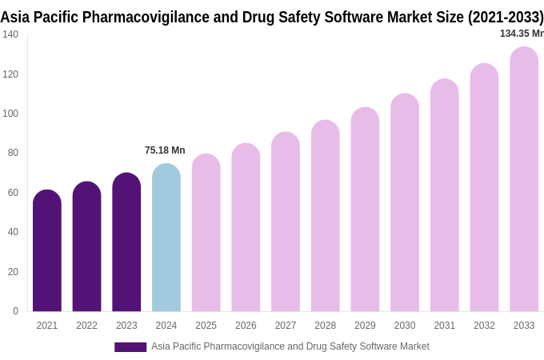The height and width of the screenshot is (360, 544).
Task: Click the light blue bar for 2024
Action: coord(166,238)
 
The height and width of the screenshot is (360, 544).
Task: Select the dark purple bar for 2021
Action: coord(47,251)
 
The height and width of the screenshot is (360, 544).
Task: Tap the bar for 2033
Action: coord(524,180)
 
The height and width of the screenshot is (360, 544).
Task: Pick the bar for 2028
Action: coord(326,216)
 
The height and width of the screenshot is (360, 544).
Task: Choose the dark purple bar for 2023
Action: coord(126,242)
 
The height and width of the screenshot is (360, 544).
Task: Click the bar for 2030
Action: coord(405,203)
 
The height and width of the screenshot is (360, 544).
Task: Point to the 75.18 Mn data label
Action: coord(165,150)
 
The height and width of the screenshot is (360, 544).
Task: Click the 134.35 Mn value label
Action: coord(522,34)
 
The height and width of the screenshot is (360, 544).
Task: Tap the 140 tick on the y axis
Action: coord(10,34)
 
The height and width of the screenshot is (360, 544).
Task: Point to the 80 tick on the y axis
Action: coord(13,153)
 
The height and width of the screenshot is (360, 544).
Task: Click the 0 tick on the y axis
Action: coord(15,311)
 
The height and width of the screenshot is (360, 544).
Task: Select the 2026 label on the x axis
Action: coord(246,326)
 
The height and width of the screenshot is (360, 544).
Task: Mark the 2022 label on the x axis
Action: coord(86,326)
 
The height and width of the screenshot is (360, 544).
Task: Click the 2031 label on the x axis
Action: coord(444,326)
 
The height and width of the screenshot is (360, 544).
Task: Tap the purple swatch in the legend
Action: coord(130,347)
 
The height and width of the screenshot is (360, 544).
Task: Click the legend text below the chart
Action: coord(290,346)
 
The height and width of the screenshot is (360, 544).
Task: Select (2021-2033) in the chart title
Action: coord(506,17)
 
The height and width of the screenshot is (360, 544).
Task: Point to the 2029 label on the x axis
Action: coord(365,326)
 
